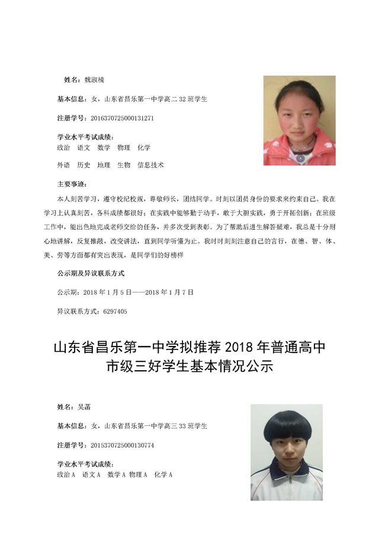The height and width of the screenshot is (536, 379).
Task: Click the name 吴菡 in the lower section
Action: point(83,407)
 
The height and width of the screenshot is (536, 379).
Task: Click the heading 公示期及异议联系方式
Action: point(91,274)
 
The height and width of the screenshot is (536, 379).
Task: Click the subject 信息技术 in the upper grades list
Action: point(150,165)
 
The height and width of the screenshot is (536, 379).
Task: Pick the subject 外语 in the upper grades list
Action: point(63,165)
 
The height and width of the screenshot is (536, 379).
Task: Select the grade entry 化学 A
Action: point(163,474)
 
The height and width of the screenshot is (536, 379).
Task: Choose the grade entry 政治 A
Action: point(66,474)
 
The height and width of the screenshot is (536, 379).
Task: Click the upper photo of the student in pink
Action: point(299,120)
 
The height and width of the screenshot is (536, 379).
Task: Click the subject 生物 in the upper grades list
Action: point(124,165)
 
